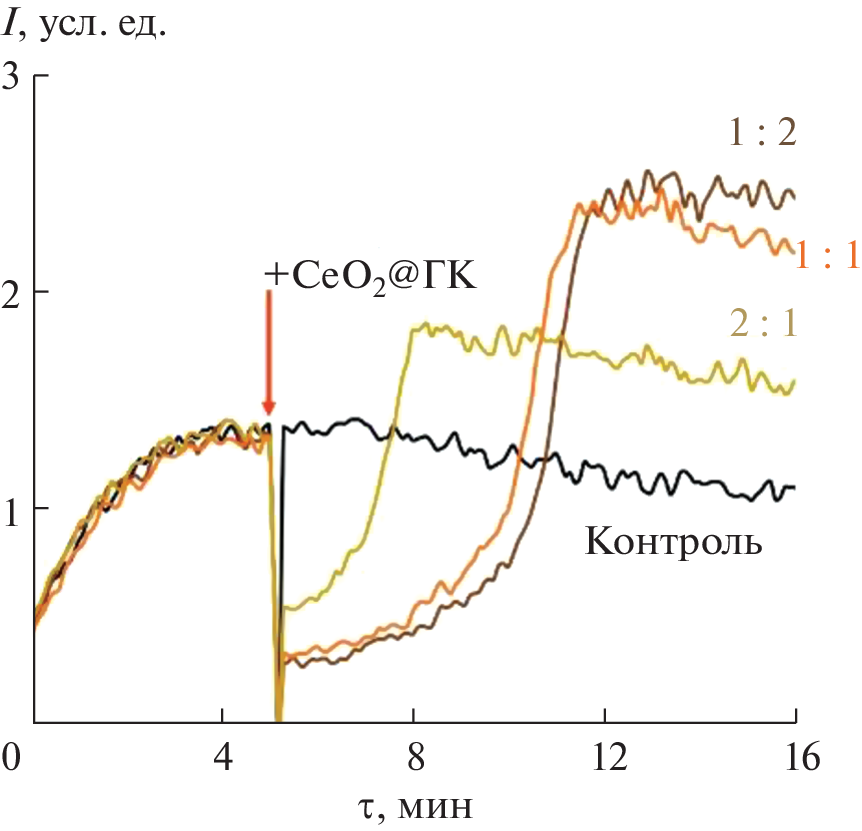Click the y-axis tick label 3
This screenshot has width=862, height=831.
[x=13, y=76]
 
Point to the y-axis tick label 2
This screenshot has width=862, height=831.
[x=13, y=292]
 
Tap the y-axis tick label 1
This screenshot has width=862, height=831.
[x=13, y=508]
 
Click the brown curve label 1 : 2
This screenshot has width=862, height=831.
[x=762, y=132]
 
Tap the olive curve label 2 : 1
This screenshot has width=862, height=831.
[x=763, y=324]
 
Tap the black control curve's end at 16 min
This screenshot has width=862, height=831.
[x=794, y=487]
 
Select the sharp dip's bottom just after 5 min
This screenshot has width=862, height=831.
[x=278, y=716]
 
